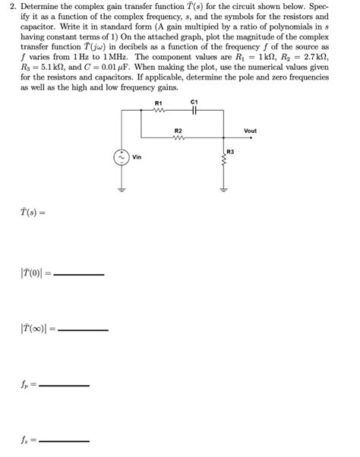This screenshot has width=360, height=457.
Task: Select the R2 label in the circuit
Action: tap(178, 131)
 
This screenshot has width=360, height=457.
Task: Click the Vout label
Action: tap(251, 131)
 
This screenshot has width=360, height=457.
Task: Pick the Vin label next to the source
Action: tap(137, 158)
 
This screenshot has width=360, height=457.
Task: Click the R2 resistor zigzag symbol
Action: tap(178, 138)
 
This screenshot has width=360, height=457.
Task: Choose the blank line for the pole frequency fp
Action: tap(65, 386)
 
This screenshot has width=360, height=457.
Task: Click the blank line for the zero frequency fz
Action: tap(65, 441)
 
